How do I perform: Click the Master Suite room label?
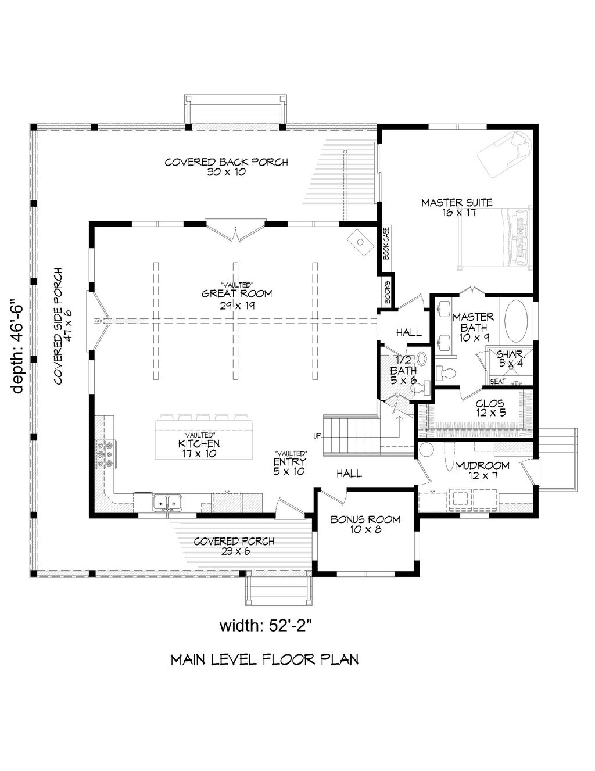pyautogui.click(x=457, y=207)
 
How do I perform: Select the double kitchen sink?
pyautogui.click(x=168, y=501)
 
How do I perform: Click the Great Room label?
pyautogui.click(x=228, y=297)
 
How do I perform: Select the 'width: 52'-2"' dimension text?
pyautogui.click(x=267, y=626)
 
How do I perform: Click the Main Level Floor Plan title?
pyautogui.click(x=264, y=659)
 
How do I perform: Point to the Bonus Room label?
pyautogui.click(x=365, y=524)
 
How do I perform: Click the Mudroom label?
pyautogui.click(x=482, y=470)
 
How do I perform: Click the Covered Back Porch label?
pyautogui.click(x=226, y=167)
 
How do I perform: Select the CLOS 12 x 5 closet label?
pyautogui.click(x=489, y=408)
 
